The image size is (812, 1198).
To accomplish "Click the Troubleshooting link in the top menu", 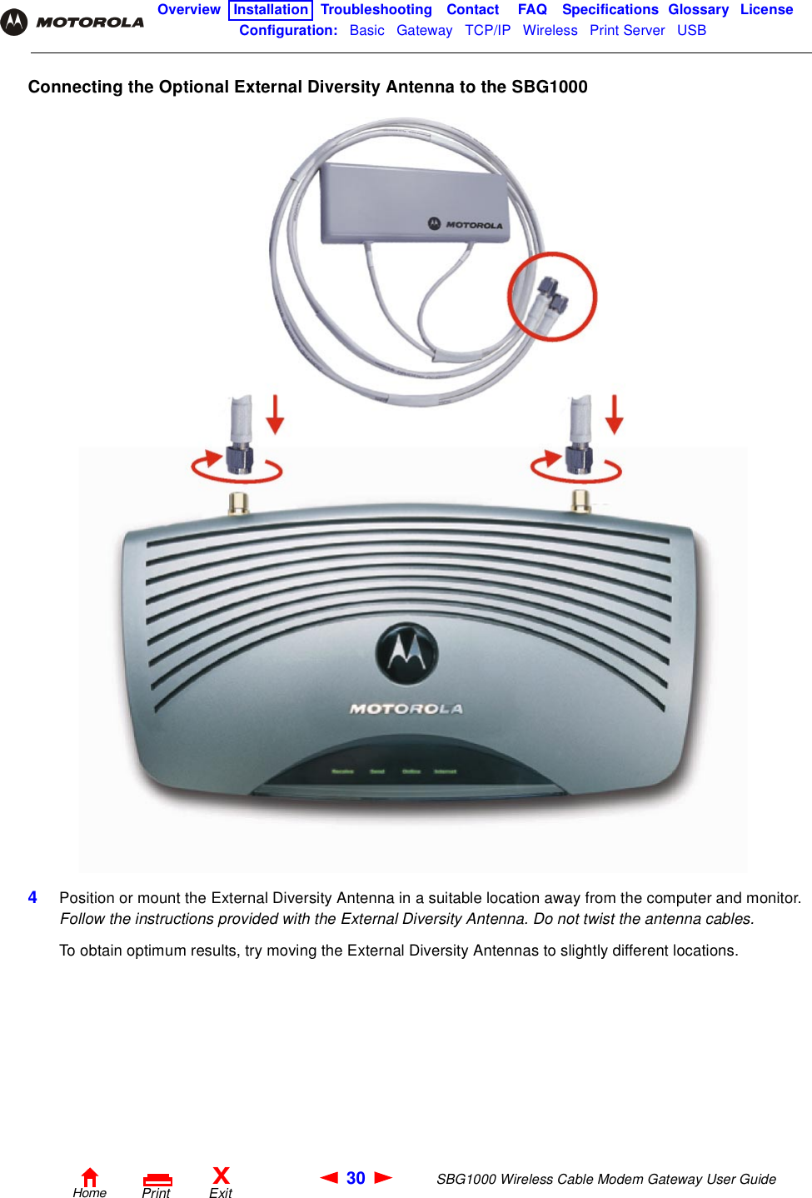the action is pyautogui.click(x=376, y=10).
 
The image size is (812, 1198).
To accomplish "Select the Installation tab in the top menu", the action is pyautogui.click(x=270, y=10).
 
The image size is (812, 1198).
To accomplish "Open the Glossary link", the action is pyautogui.click(x=698, y=10).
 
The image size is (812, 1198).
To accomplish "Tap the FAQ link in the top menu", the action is pyautogui.click(x=532, y=10).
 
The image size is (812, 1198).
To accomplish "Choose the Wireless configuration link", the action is pyautogui.click(x=550, y=31).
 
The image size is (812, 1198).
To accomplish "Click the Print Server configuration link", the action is pyautogui.click(x=627, y=31).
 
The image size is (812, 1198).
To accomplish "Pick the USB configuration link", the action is pyautogui.click(x=691, y=31).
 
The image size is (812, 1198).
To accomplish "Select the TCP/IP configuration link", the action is pyautogui.click(x=487, y=31).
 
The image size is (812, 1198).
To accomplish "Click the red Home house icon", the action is pyautogui.click(x=90, y=1176).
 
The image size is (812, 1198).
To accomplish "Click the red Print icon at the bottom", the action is pyautogui.click(x=157, y=1180).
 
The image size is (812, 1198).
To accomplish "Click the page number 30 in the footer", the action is pyautogui.click(x=356, y=1178).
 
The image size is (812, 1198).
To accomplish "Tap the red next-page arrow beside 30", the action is pyautogui.click(x=383, y=1177).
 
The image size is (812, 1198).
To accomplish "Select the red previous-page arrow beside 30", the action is pyautogui.click(x=329, y=1177).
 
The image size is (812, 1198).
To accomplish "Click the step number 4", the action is pyautogui.click(x=32, y=897).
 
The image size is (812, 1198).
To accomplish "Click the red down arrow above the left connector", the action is pyautogui.click(x=276, y=415).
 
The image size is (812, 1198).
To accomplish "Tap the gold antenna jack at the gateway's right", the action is pyautogui.click(x=580, y=500).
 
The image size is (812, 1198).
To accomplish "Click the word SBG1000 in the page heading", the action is pyautogui.click(x=549, y=87).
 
